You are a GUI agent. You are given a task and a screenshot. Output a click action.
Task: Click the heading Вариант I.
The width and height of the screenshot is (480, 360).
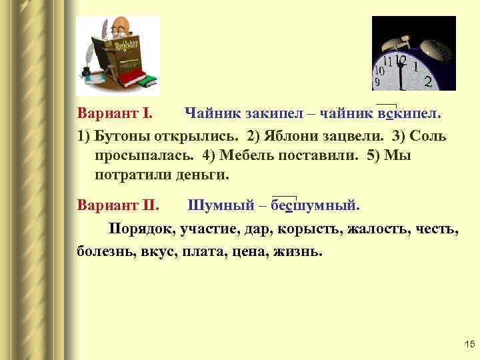click(115, 114)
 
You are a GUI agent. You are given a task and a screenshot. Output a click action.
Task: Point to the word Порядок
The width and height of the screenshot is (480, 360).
click(142, 230)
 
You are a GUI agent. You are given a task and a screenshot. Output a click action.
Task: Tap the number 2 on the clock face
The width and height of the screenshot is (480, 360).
click(427, 81)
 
